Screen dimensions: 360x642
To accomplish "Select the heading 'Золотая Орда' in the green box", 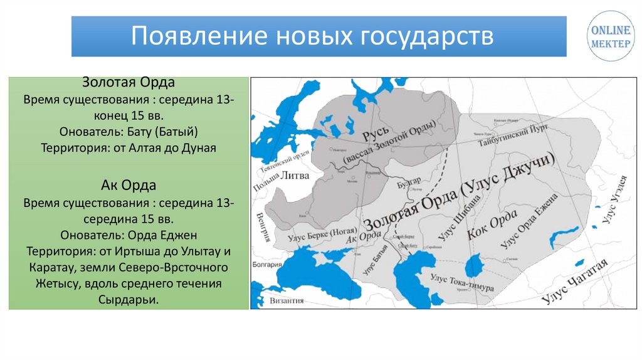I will click(x=129, y=84).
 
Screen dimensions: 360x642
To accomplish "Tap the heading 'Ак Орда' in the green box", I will click(x=129, y=186).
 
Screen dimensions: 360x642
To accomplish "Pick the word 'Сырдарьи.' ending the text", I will click(x=129, y=300).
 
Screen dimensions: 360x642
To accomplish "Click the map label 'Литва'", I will click(x=294, y=176).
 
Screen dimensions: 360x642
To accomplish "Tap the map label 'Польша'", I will click(x=264, y=182).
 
